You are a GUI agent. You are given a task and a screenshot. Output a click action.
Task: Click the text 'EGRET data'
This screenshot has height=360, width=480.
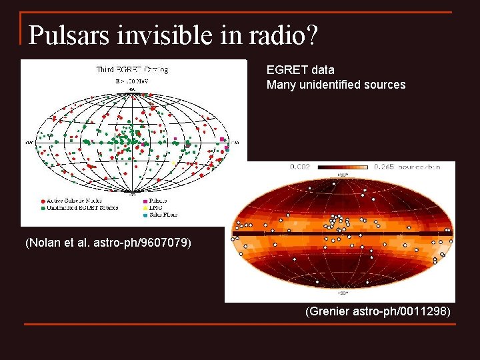tap(300, 69)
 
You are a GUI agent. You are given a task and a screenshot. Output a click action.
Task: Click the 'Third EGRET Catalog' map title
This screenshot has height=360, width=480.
tap(132, 69)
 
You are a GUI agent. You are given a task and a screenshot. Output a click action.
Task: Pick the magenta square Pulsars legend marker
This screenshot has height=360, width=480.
tap(145, 201)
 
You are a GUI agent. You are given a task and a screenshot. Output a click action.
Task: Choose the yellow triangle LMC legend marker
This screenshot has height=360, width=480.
tap(145, 208)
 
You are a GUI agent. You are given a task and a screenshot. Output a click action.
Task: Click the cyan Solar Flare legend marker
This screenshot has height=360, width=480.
tap(145, 215)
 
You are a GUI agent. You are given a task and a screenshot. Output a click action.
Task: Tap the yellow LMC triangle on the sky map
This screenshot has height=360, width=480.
tap(173, 163)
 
